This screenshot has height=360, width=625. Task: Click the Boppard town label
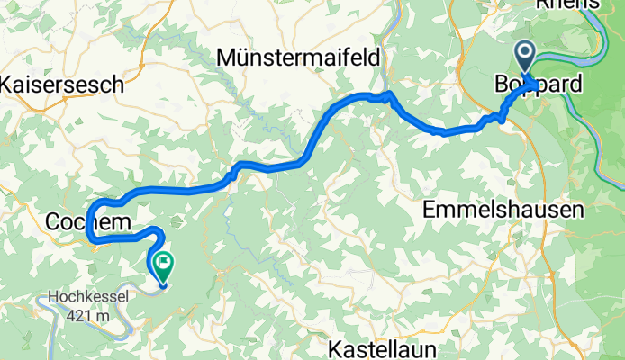[x=539, y=84]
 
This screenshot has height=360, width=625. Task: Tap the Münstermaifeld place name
[x=298, y=58]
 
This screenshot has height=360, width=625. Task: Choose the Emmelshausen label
[x=503, y=210]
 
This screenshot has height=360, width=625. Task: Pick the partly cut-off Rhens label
[x=566, y=4]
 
